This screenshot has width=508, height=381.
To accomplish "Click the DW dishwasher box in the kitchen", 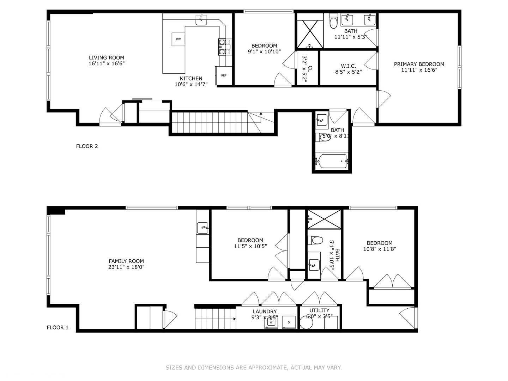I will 178,39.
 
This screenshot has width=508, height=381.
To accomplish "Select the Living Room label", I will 106,58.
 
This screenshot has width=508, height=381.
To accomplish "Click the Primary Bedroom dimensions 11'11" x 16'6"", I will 419,70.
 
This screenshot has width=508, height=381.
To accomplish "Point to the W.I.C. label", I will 348,66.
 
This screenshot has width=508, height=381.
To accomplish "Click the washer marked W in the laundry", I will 271,322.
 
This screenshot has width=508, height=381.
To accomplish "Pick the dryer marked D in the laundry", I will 289,322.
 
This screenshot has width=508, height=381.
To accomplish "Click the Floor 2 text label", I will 87,146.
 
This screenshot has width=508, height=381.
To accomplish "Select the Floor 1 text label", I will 58,327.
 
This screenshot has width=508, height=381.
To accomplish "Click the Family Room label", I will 126,261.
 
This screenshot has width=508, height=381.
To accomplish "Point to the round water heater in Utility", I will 306,322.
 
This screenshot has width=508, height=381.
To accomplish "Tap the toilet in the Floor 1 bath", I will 315,241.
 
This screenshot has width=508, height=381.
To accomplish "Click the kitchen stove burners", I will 222,47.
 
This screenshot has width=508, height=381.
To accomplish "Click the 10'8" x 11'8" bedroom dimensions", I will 380,249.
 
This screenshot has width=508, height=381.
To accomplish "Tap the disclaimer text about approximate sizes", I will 254,368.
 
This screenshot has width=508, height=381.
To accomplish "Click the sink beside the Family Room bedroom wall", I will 202,228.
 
